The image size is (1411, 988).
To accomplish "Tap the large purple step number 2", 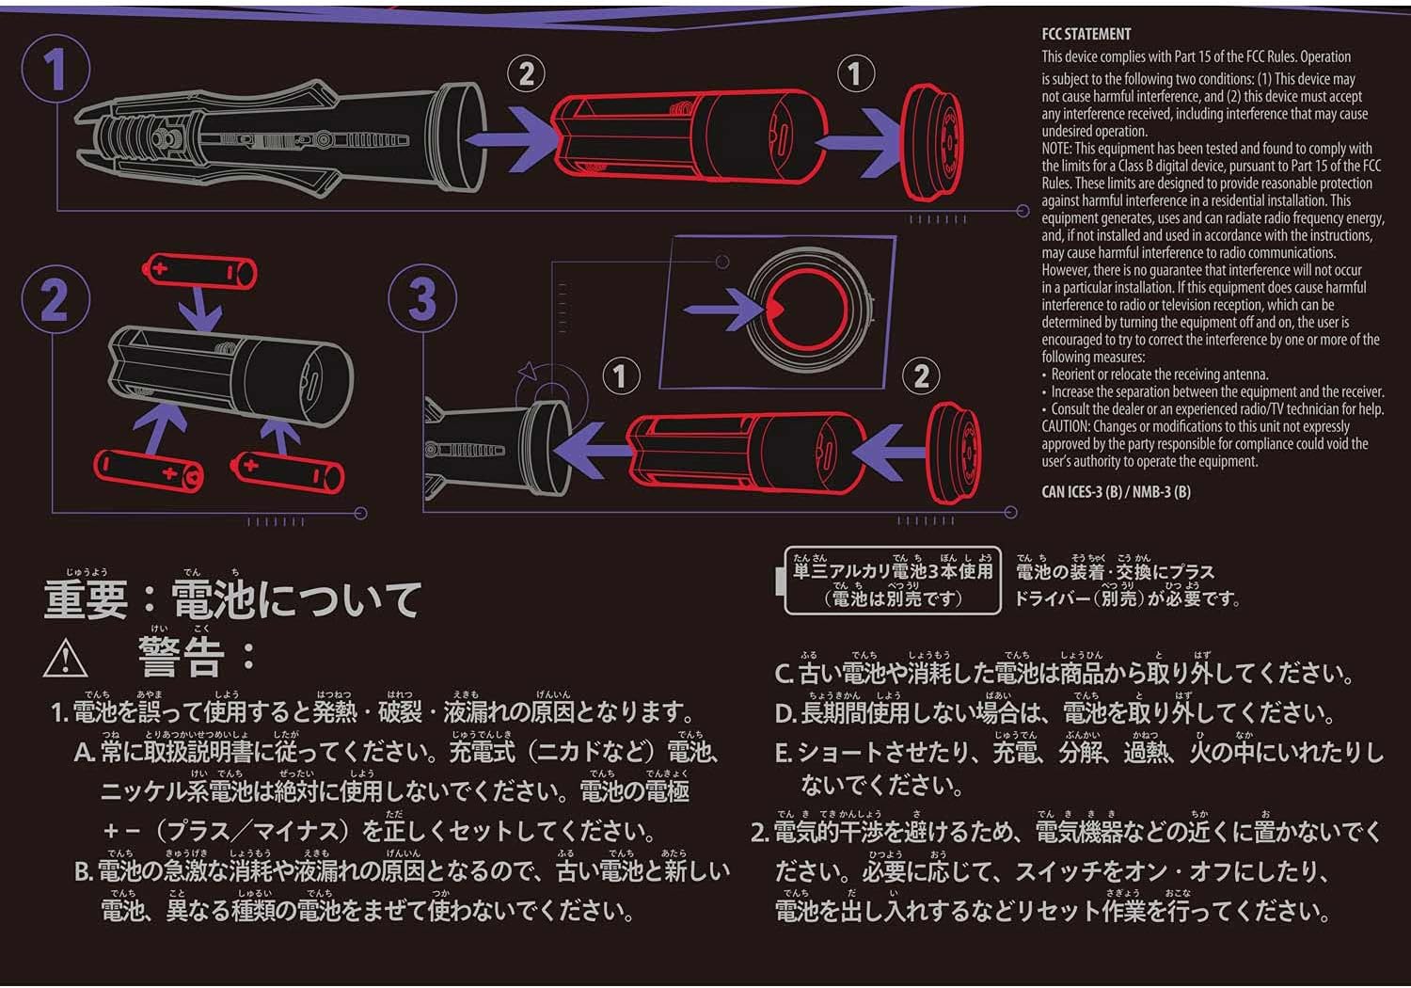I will click(x=55, y=300).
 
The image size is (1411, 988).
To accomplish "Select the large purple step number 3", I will click(x=422, y=298).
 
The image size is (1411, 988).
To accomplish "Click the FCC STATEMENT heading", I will click(x=1086, y=34).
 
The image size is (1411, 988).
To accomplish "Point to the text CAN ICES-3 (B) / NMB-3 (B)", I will click(x=1116, y=491).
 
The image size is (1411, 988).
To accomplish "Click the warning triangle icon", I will click(x=65, y=659).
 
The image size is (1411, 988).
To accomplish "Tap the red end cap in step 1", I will click(x=932, y=142).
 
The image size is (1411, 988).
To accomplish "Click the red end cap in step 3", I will click(x=954, y=454).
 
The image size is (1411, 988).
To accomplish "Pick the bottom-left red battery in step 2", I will click(x=149, y=470).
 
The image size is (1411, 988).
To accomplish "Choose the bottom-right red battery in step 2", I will click(x=288, y=472).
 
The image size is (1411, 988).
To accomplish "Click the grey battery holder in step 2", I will click(x=230, y=372).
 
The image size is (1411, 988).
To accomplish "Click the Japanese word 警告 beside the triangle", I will click(x=181, y=657).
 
